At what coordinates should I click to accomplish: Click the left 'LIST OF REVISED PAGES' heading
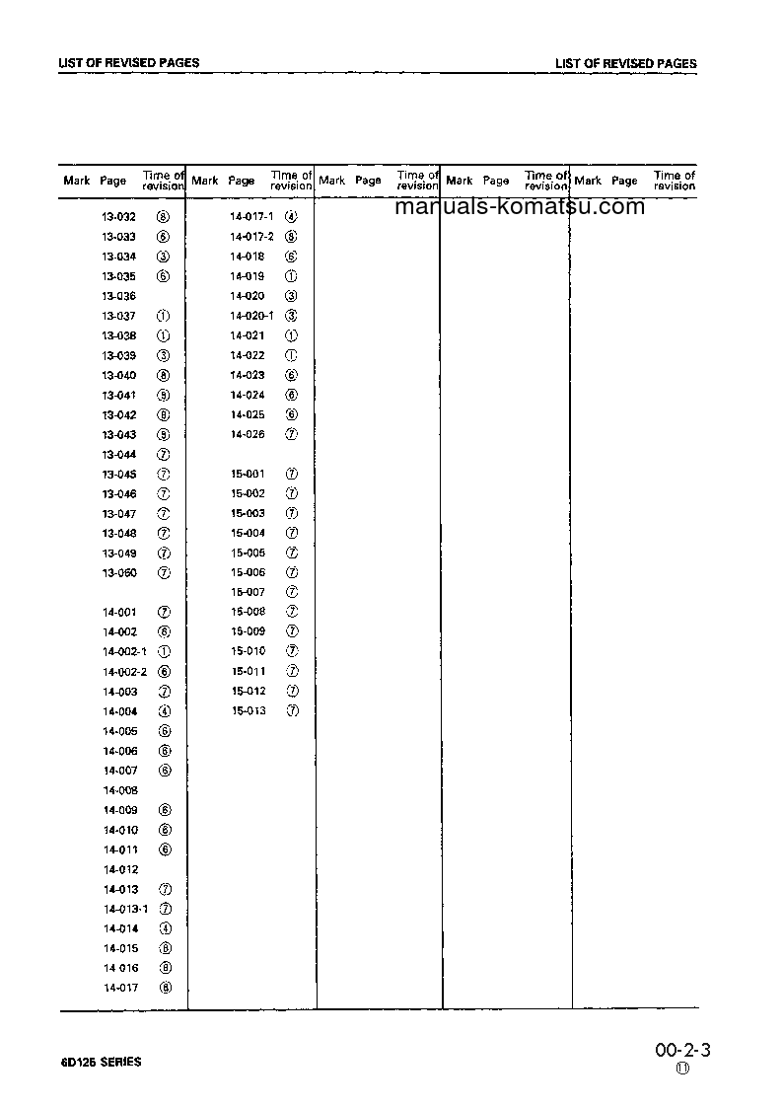[129, 63]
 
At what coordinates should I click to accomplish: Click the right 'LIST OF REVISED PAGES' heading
[625, 64]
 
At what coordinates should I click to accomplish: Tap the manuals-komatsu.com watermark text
[520, 207]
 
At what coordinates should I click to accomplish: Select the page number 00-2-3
[681, 1051]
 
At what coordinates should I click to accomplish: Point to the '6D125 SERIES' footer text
[100, 1063]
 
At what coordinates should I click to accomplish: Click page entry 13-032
[118, 217]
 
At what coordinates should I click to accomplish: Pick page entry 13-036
[118, 296]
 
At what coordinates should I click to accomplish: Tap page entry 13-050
[119, 573]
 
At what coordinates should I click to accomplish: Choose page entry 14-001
[119, 613]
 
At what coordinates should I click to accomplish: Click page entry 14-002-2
[124, 672]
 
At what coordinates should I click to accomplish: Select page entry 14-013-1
[124, 909]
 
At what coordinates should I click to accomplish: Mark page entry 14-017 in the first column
[120, 988]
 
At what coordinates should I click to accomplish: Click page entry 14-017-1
[251, 217]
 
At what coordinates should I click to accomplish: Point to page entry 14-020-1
[251, 316]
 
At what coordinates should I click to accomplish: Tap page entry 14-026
[248, 434]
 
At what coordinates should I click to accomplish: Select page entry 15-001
[248, 474]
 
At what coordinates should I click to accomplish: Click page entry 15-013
[249, 711]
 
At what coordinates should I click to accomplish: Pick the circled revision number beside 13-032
[164, 217]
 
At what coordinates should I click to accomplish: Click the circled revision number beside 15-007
[292, 592]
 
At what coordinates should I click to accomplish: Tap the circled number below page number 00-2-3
[682, 1070]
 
